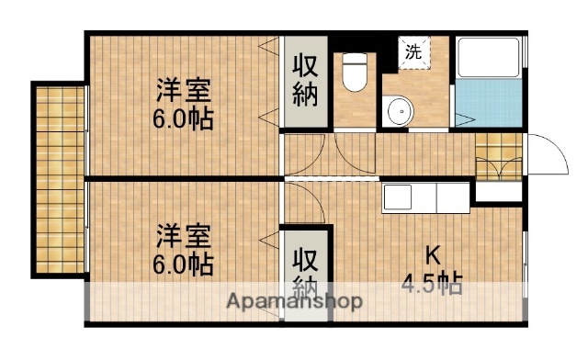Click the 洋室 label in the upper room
pos(185,91)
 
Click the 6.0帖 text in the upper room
pos(185,118)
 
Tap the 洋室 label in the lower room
pos(185,236)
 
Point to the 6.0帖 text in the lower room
pos(185,264)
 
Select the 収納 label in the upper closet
pos(306,81)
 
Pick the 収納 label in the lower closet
pos(306,273)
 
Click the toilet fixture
pos(354,73)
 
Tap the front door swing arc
pos(543,152)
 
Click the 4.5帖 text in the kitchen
pos(431,284)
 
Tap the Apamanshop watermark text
pos(293,301)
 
